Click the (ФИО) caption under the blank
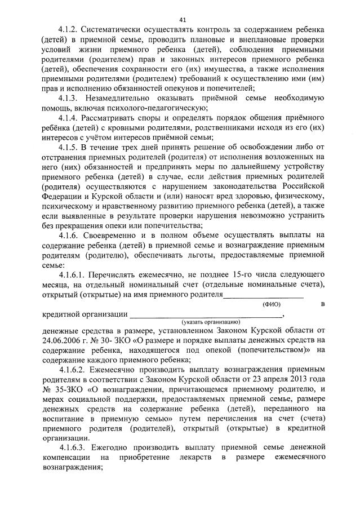coord(272,304)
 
